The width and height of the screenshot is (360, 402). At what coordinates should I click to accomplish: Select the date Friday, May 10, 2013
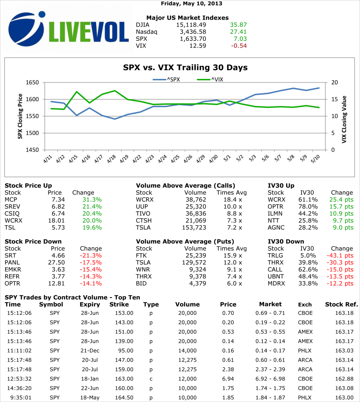191,4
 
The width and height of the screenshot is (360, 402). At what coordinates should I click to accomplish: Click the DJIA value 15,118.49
192,24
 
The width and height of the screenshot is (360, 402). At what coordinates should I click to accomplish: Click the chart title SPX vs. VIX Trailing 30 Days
185,68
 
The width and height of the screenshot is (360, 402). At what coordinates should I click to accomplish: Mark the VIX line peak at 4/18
115,91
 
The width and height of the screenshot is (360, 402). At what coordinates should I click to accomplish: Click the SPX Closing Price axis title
20,116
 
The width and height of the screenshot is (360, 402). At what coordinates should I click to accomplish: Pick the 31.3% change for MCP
92,199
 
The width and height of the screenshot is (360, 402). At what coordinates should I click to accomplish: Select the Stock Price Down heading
33,241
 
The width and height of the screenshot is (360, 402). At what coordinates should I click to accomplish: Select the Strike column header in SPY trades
119,304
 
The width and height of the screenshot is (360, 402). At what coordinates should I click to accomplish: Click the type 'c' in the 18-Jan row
151,379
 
